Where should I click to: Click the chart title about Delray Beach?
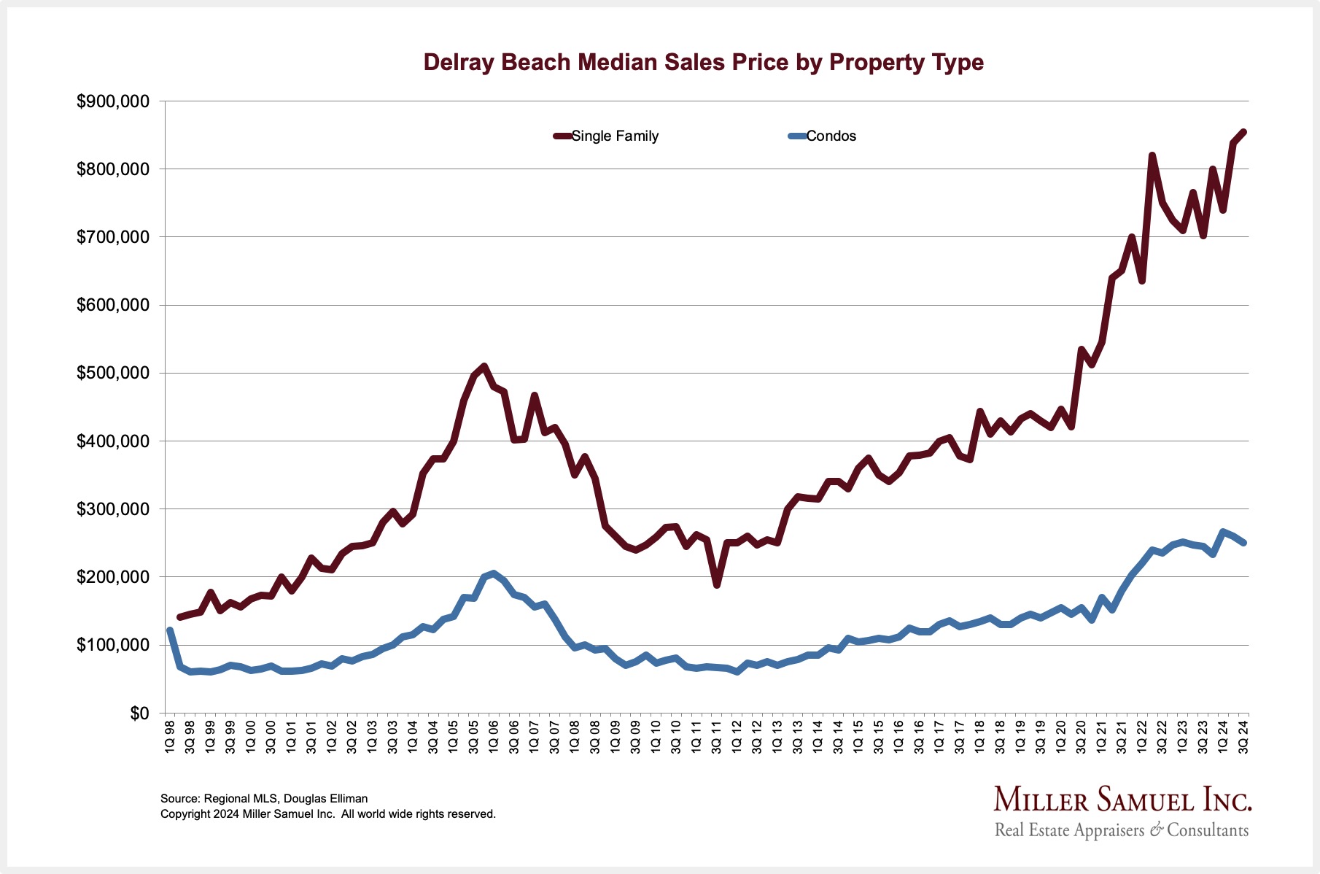703,63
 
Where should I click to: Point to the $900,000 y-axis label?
113,101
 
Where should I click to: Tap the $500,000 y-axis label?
113,374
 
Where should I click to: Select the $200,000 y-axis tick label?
113,577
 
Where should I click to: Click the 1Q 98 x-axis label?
170,737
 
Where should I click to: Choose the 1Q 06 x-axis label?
494,737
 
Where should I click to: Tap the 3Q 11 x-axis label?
717,737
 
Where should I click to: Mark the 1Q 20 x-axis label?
1061,737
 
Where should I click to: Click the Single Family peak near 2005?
484,366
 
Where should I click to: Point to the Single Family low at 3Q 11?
717,584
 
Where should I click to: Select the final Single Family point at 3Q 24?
1243,132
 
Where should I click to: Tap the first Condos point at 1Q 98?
170,630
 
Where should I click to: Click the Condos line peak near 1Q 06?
494,573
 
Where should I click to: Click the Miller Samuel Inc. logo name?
1122,800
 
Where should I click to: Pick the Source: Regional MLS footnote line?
264,799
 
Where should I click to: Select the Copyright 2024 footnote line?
328,814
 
